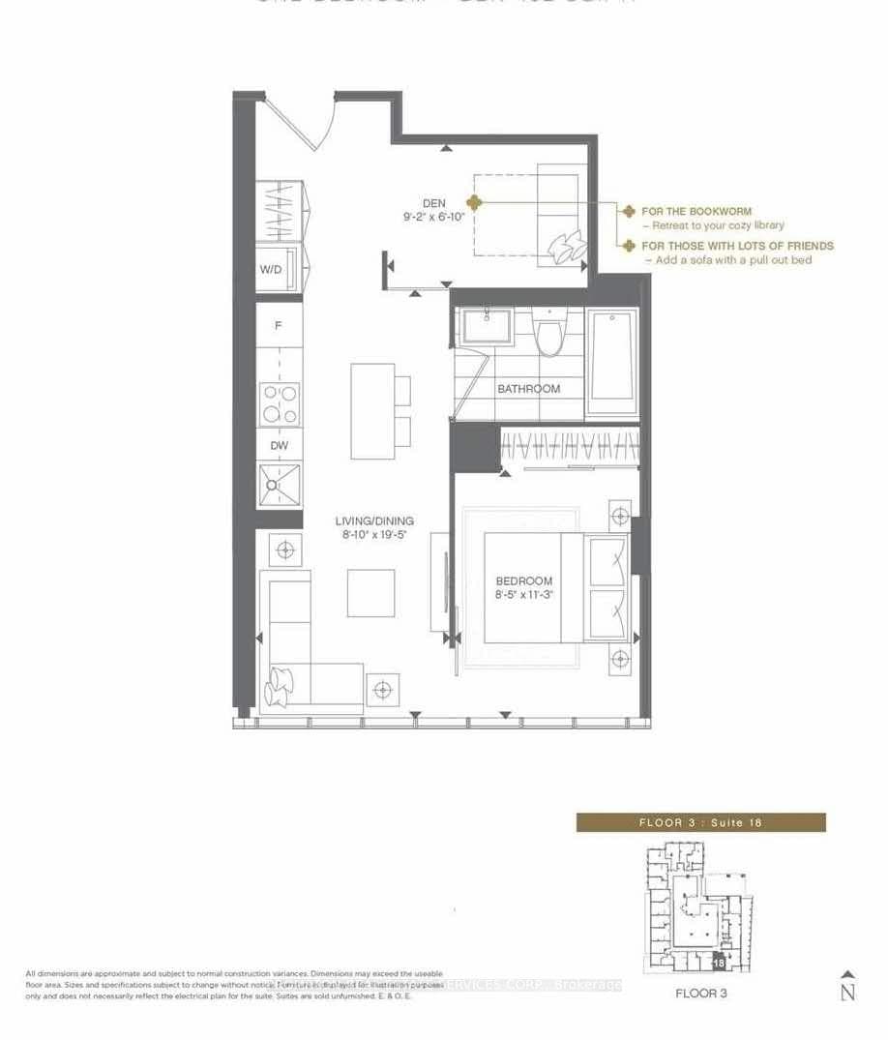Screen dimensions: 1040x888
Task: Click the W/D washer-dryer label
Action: point(271,270)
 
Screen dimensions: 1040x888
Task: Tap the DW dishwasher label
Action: point(279,446)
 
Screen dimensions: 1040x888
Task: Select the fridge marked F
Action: point(279,326)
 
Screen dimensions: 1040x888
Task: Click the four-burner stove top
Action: point(279,403)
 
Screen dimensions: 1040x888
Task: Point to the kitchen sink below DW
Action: point(279,485)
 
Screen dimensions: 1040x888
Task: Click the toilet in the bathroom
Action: point(552,335)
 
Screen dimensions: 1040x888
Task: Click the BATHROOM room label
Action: point(528,389)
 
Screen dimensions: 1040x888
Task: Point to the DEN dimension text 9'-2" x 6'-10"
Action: point(434,217)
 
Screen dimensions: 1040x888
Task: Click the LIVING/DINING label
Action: point(375,520)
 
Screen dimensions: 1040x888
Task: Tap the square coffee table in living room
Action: point(371,593)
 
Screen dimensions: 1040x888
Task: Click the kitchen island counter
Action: point(372,411)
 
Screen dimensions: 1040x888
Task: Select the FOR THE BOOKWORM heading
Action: point(696,211)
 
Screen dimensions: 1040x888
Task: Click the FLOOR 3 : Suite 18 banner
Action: point(701,822)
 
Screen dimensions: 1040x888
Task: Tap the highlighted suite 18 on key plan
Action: point(718,964)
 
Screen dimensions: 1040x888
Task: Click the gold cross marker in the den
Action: point(473,202)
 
